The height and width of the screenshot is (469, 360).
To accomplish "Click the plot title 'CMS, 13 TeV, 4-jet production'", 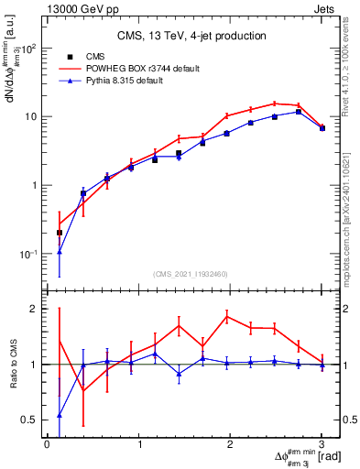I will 191,36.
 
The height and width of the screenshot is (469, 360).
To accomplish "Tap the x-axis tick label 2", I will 230,444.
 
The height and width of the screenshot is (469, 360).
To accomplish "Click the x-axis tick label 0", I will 47,444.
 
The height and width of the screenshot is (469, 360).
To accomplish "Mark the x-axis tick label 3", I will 322,444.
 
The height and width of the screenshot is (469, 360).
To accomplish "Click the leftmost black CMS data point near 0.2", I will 60,233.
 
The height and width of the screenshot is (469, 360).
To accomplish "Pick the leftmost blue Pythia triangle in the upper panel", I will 60,252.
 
